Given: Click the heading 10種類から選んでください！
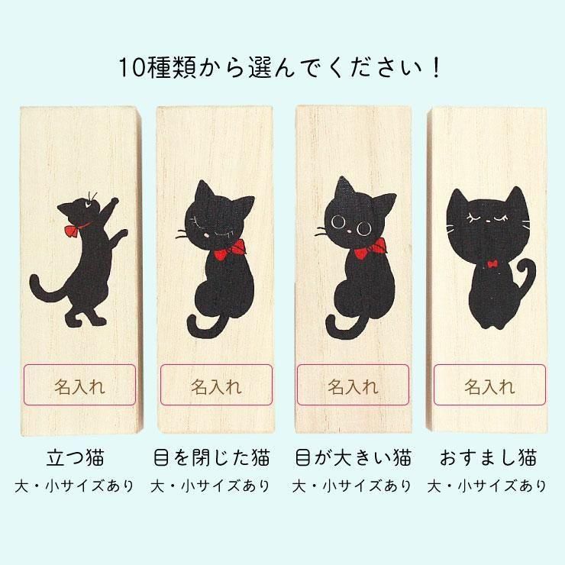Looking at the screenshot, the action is (279, 67).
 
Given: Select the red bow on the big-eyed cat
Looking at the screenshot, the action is (370, 249).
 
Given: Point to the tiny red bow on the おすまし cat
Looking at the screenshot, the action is (492, 264).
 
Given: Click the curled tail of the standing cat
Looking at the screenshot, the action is (47, 289).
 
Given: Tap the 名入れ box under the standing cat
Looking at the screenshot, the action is (79, 385).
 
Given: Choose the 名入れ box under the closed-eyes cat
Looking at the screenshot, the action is (216, 385).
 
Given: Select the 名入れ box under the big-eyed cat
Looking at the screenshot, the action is (353, 385).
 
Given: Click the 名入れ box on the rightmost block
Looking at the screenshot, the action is (489, 385).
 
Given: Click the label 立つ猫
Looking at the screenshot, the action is (76, 457).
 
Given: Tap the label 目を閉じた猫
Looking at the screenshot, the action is (211, 457).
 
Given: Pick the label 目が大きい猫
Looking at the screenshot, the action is (353, 457).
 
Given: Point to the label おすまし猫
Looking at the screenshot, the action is (488, 457).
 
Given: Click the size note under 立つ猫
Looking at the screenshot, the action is (75, 486).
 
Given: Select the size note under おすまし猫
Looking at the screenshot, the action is (487, 486).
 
